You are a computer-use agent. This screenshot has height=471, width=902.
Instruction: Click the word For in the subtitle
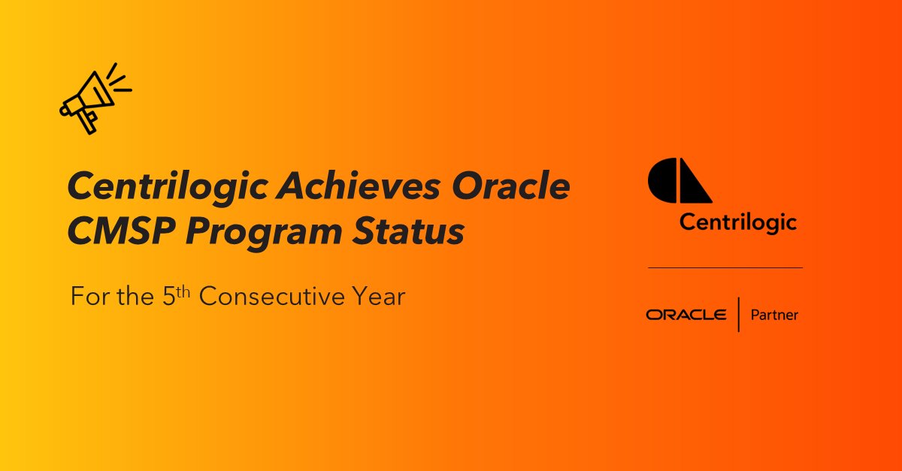tap(87, 296)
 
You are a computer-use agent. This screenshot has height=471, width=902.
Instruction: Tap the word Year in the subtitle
tap(380, 296)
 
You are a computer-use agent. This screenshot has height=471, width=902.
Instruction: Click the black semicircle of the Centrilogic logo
tap(662, 181)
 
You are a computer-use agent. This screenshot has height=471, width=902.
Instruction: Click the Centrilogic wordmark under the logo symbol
tap(737, 223)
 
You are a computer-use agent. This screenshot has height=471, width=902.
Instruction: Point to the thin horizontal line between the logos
tap(725, 267)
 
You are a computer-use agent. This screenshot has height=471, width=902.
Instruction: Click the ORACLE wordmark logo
tap(686, 315)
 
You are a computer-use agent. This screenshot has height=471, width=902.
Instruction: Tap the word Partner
tap(774, 315)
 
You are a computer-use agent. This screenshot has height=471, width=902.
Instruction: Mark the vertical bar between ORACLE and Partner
tap(738, 315)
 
